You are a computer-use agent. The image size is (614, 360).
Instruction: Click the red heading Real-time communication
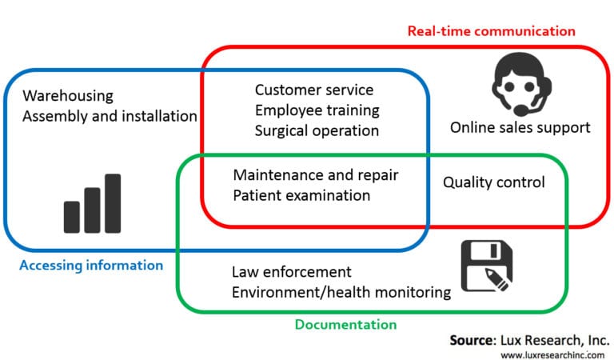point(491,31)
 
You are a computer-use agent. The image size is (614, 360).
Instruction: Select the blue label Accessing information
point(90,265)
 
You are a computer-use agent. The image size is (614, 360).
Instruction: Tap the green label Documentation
point(345,325)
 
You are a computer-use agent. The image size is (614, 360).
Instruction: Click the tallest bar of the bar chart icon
point(113,203)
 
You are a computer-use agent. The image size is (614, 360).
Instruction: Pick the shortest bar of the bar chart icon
point(72,217)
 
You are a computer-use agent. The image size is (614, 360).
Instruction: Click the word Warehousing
point(68,96)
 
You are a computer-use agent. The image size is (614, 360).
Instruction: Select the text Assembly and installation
point(110,116)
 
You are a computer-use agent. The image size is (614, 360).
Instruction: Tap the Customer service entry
point(314,90)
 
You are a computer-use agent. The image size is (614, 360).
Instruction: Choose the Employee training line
point(317,110)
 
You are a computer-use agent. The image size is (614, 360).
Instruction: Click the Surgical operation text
point(317,130)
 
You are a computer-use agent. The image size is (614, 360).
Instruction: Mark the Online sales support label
point(520,127)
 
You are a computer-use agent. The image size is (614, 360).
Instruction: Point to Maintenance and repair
point(316,174)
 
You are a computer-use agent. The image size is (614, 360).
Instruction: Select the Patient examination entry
point(301,194)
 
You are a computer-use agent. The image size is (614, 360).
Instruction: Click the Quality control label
point(494,182)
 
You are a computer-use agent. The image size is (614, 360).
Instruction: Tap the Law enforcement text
point(291,272)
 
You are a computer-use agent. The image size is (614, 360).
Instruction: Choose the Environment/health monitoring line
point(341,292)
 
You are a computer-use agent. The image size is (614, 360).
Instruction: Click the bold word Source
point(473,340)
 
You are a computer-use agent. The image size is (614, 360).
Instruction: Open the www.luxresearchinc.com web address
point(552,354)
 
